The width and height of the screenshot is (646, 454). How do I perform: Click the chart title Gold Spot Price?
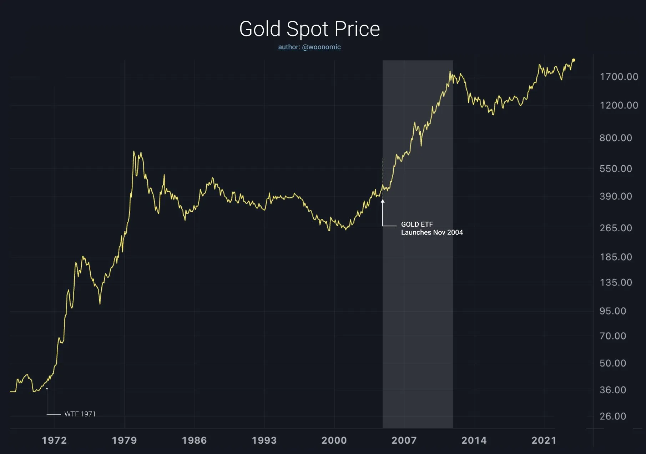click(x=309, y=29)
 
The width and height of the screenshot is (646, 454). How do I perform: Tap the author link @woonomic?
click(x=309, y=47)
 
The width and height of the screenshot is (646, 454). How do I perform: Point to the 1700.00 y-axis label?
click(x=619, y=77)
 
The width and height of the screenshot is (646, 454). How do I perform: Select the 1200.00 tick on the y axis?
click(x=619, y=105)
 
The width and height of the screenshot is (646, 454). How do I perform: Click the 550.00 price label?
click(x=616, y=168)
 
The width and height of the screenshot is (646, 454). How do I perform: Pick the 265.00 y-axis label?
click(x=616, y=228)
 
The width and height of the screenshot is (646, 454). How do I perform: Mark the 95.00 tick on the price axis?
click(x=613, y=311)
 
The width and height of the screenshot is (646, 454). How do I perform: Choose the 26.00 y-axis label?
click(x=613, y=416)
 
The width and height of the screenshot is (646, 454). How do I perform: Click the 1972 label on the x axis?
click(x=54, y=440)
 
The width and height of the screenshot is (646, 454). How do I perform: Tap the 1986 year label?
click(x=194, y=440)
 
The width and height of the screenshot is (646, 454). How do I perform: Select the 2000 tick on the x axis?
click(x=334, y=440)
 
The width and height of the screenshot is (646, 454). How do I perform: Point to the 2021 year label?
click(x=544, y=440)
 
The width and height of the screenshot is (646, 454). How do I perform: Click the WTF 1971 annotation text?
click(x=80, y=414)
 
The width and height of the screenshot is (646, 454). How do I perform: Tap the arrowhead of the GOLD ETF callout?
click(x=383, y=201)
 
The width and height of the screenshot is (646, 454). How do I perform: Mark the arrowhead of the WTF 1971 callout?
click(x=47, y=389)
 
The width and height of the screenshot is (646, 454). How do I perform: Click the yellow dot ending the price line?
click(x=574, y=60)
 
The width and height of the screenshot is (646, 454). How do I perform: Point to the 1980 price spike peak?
click(x=134, y=152)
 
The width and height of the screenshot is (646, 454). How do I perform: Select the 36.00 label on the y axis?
click(x=613, y=390)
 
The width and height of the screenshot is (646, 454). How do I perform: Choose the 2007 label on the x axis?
click(x=404, y=440)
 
